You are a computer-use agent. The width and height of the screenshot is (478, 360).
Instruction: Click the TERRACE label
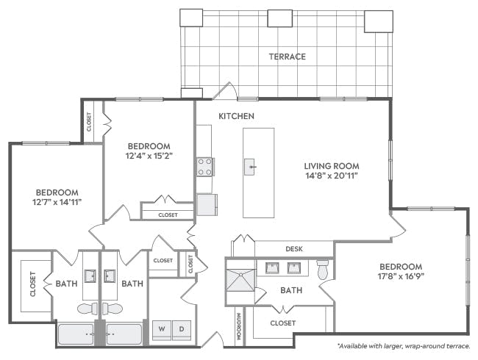[x=287, y=57]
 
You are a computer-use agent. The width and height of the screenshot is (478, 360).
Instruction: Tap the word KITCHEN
[x=236, y=116]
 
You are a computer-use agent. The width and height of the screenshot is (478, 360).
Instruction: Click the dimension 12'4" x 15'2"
[x=149, y=156]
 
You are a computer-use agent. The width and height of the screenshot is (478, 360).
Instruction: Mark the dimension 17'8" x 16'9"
[x=401, y=278]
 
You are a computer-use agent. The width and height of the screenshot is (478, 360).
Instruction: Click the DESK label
[x=295, y=249]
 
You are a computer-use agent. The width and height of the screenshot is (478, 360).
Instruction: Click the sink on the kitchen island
[x=250, y=167]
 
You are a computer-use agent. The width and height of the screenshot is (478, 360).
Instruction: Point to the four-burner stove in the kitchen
[x=204, y=167]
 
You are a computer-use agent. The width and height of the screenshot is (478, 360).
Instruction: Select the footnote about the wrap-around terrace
[x=404, y=345]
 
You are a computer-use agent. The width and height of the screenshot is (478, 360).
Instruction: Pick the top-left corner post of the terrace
[x=190, y=18]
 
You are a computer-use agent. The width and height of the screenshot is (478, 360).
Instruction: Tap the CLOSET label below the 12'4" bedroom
[x=168, y=215]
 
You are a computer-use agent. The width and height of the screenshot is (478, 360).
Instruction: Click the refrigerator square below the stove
[x=207, y=204]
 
